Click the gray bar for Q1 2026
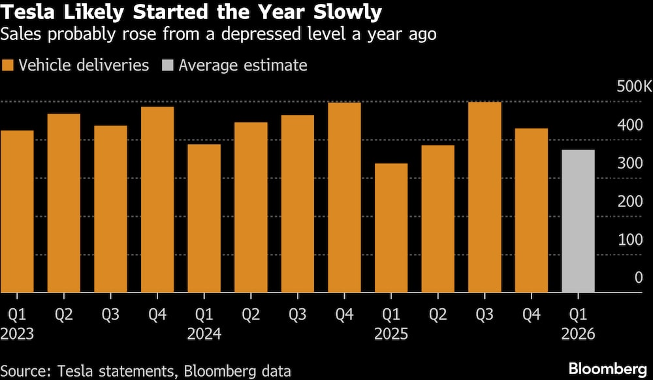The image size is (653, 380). pos(578,221)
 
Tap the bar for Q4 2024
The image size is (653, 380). pos(344,197)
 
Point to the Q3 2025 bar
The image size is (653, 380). pos(485,197)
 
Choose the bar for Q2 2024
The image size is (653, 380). pos(251,207)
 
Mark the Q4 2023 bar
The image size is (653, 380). pos(157,199)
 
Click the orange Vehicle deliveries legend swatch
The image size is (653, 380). pos(8,65)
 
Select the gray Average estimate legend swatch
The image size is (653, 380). pos(167,65)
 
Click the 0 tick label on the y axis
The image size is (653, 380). pos(639,277)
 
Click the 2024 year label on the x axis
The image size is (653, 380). pos(204,334)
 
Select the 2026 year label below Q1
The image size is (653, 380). pos(578,334)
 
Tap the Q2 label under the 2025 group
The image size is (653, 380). pos(438,315)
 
